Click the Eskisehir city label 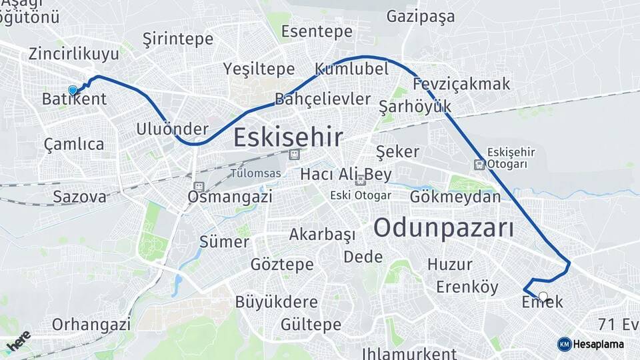[288, 138]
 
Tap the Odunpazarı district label [443, 228]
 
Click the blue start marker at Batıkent [73, 90]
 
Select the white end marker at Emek [543, 297]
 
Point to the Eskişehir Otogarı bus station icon [479, 164]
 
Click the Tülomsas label [255, 173]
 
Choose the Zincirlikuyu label [73, 53]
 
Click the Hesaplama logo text [598, 344]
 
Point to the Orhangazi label [91, 325]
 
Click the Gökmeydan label [455, 197]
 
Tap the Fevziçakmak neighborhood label [461, 84]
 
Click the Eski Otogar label [361, 195]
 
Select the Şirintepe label [177, 39]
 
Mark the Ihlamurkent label [409, 353]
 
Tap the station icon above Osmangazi [198, 187]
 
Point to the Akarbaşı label [322, 235]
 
